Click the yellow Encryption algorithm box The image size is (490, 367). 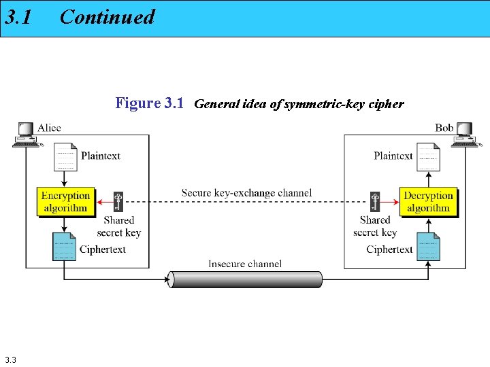pyautogui.click(x=65, y=202)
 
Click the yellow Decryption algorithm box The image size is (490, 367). pyautogui.click(x=428, y=202)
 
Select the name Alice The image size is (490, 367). pyautogui.click(x=49, y=127)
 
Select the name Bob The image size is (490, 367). pyautogui.click(x=444, y=127)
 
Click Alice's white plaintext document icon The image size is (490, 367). pyautogui.click(x=65, y=157)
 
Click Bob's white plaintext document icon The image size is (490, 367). pyautogui.click(x=428, y=157)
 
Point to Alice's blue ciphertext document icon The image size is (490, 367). pyautogui.click(x=65, y=247)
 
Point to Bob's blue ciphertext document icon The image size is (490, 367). pyautogui.click(x=428, y=247)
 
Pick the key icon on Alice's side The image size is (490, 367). pyautogui.click(x=118, y=202)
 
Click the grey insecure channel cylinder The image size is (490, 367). pyautogui.click(x=245, y=279)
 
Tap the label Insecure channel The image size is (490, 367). pyautogui.click(x=245, y=264)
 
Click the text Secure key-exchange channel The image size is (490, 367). pyautogui.click(x=246, y=192)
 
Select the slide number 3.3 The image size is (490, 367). pyautogui.click(x=10, y=359)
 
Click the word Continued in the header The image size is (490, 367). pyautogui.click(x=108, y=17)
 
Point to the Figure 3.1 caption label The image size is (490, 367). pyautogui.click(x=150, y=103)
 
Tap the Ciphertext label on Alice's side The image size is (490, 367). pyautogui.click(x=103, y=249)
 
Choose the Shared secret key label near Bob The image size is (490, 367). pyautogui.click(x=375, y=226)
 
